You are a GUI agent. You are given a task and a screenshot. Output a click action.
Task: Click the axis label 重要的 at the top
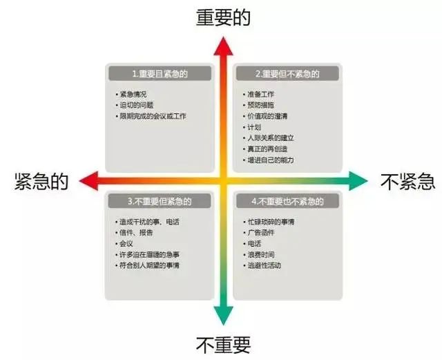[222, 17]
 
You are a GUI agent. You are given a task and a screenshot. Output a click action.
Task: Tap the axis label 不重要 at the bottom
[222, 343]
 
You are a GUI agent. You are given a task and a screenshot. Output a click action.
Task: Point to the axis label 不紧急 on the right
[407, 182]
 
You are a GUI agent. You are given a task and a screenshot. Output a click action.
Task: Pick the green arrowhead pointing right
[358, 182]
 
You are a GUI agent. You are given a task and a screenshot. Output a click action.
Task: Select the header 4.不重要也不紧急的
[287, 202]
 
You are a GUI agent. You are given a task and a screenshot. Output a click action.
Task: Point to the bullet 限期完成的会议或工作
[153, 116]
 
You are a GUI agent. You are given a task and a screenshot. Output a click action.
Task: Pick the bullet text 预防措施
[262, 105]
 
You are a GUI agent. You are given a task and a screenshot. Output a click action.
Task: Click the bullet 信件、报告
[135, 233]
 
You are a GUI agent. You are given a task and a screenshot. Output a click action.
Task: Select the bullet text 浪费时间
[262, 255]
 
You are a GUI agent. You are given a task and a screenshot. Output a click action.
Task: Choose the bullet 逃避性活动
[265, 266]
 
